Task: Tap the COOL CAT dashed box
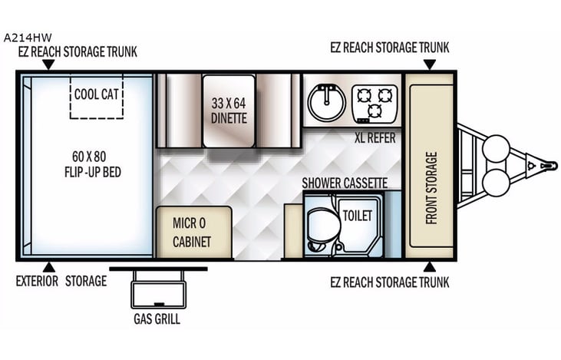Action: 97,96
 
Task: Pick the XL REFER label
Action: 375,139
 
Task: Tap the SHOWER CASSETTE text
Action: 344,183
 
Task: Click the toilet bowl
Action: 320,225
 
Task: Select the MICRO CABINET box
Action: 191,233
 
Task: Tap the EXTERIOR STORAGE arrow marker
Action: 48,267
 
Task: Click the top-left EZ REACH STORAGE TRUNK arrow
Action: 48,65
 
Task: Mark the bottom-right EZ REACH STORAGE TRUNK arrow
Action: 428,267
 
